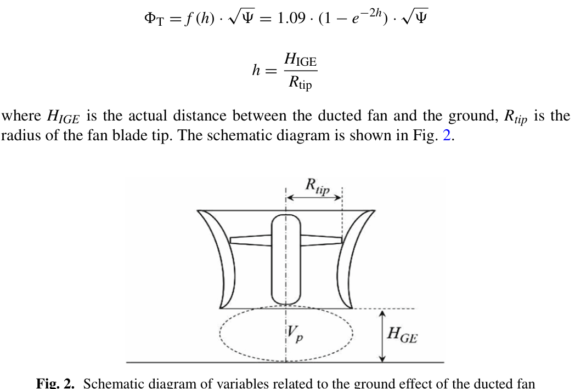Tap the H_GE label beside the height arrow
[402, 334]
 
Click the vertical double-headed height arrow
[383, 335]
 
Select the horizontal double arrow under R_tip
[314, 197]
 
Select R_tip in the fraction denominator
[300, 84]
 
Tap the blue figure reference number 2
[447, 135]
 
